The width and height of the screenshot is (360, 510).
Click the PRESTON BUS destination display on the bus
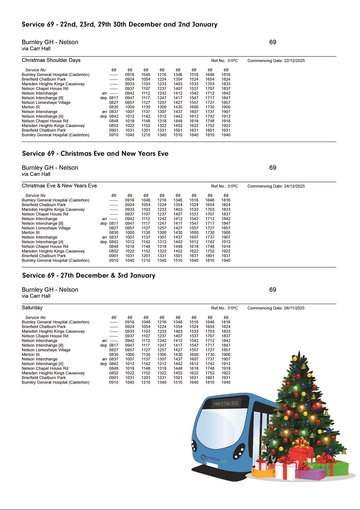[x=226, y=403]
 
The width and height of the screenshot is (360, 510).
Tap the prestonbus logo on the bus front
[x=215, y=458]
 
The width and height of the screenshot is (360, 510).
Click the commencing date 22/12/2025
[x=294, y=61]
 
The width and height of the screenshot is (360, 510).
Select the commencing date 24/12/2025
[x=294, y=186]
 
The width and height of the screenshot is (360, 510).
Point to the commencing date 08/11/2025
[x=294, y=308]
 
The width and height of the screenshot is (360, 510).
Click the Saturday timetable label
[x=32, y=308]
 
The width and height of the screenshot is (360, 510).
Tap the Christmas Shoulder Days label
[x=51, y=60]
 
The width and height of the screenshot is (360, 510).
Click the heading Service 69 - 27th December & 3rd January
[x=89, y=276]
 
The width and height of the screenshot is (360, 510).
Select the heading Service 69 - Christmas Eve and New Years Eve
[x=95, y=154]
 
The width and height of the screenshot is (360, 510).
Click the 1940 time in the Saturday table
[x=226, y=382]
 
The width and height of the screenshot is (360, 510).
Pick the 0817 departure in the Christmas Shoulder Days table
[x=114, y=98]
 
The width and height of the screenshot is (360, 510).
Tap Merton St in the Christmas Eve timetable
[x=31, y=233]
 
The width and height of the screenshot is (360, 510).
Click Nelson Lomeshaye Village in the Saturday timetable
[x=46, y=350]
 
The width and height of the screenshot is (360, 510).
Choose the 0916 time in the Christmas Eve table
[x=130, y=200]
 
